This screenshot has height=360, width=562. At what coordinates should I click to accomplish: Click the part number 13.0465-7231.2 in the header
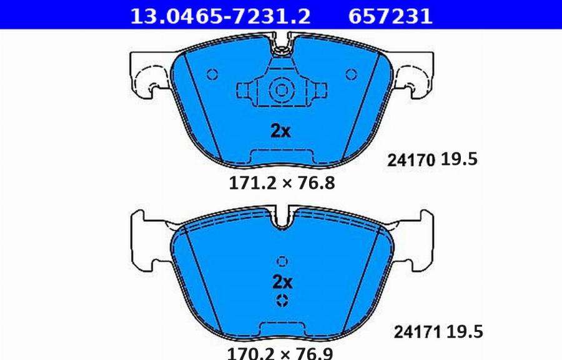click(x=219, y=16)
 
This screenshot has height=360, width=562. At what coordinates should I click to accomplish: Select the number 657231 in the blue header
click(x=390, y=16)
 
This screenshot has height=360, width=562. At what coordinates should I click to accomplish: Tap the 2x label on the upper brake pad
click(x=280, y=131)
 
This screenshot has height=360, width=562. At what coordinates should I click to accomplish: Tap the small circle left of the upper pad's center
click(x=212, y=74)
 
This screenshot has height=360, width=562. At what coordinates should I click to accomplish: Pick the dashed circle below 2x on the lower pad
click(x=282, y=300)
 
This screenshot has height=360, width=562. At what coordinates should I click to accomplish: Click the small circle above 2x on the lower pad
click(x=282, y=261)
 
